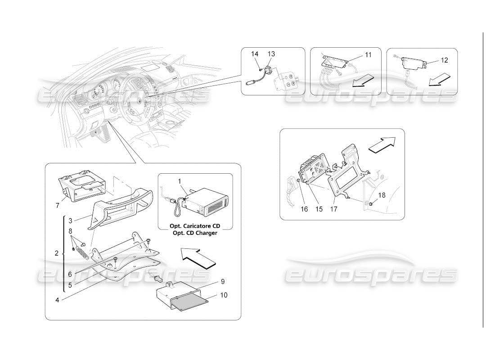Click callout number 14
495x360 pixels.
255,54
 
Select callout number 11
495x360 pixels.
368,55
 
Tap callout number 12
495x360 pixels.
444,59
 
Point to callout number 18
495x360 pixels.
382,195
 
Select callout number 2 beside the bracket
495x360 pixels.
57,253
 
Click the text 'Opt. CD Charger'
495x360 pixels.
195,233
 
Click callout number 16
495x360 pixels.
304,209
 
